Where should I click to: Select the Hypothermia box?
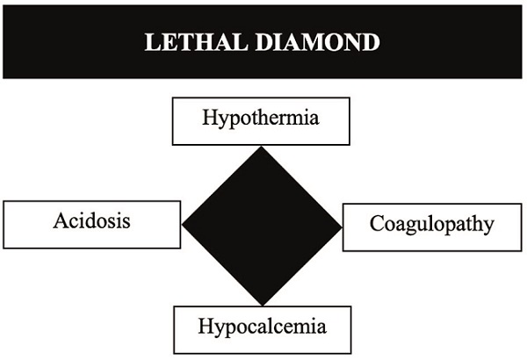tap(261, 119)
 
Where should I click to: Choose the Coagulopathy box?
tap(431, 227)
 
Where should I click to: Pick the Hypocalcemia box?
tap(263, 329)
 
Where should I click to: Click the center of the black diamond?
tap(262, 226)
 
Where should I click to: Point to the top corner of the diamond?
tap(262, 148)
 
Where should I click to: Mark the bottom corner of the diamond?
tap(262, 304)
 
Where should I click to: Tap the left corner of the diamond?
tap(183, 226)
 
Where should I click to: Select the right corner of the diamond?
tap(341, 226)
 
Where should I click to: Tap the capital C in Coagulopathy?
tap(375, 223)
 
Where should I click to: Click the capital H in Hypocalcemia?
tap(206, 327)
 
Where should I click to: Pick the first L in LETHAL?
tap(151, 42)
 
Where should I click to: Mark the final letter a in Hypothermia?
tap(314, 118)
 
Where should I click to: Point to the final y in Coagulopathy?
tap(487, 227)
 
